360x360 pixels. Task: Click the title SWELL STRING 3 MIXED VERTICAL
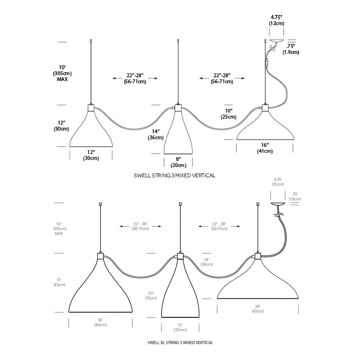(174, 176)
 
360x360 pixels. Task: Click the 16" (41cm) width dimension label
(265, 148)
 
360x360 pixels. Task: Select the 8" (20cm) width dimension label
(178, 162)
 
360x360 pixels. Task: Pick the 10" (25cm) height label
(228, 114)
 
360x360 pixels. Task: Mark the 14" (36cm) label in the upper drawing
(156, 134)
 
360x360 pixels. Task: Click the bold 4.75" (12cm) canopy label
(276, 20)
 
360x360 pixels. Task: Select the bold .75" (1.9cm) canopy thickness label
(291, 49)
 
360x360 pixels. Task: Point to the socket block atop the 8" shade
(178, 107)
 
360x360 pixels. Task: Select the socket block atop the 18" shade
(101, 256)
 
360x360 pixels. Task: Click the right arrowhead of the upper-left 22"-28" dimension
(156, 78)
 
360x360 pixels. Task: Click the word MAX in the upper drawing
(62, 79)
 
